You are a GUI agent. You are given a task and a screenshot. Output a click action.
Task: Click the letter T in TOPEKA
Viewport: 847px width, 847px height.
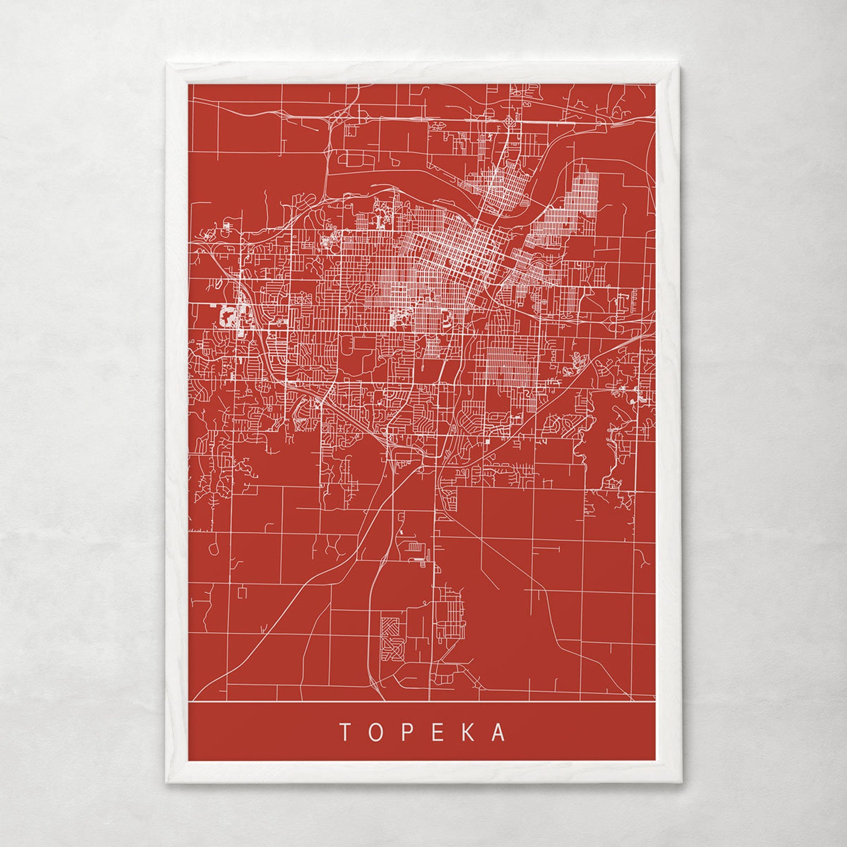click(345, 732)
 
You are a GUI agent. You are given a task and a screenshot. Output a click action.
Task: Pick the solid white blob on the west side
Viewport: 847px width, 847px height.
click(230, 317)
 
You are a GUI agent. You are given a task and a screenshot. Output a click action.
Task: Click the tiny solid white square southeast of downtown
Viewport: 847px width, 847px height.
click(487, 442)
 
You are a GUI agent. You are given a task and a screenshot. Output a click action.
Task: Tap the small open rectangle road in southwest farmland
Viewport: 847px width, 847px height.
click(243, 592)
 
